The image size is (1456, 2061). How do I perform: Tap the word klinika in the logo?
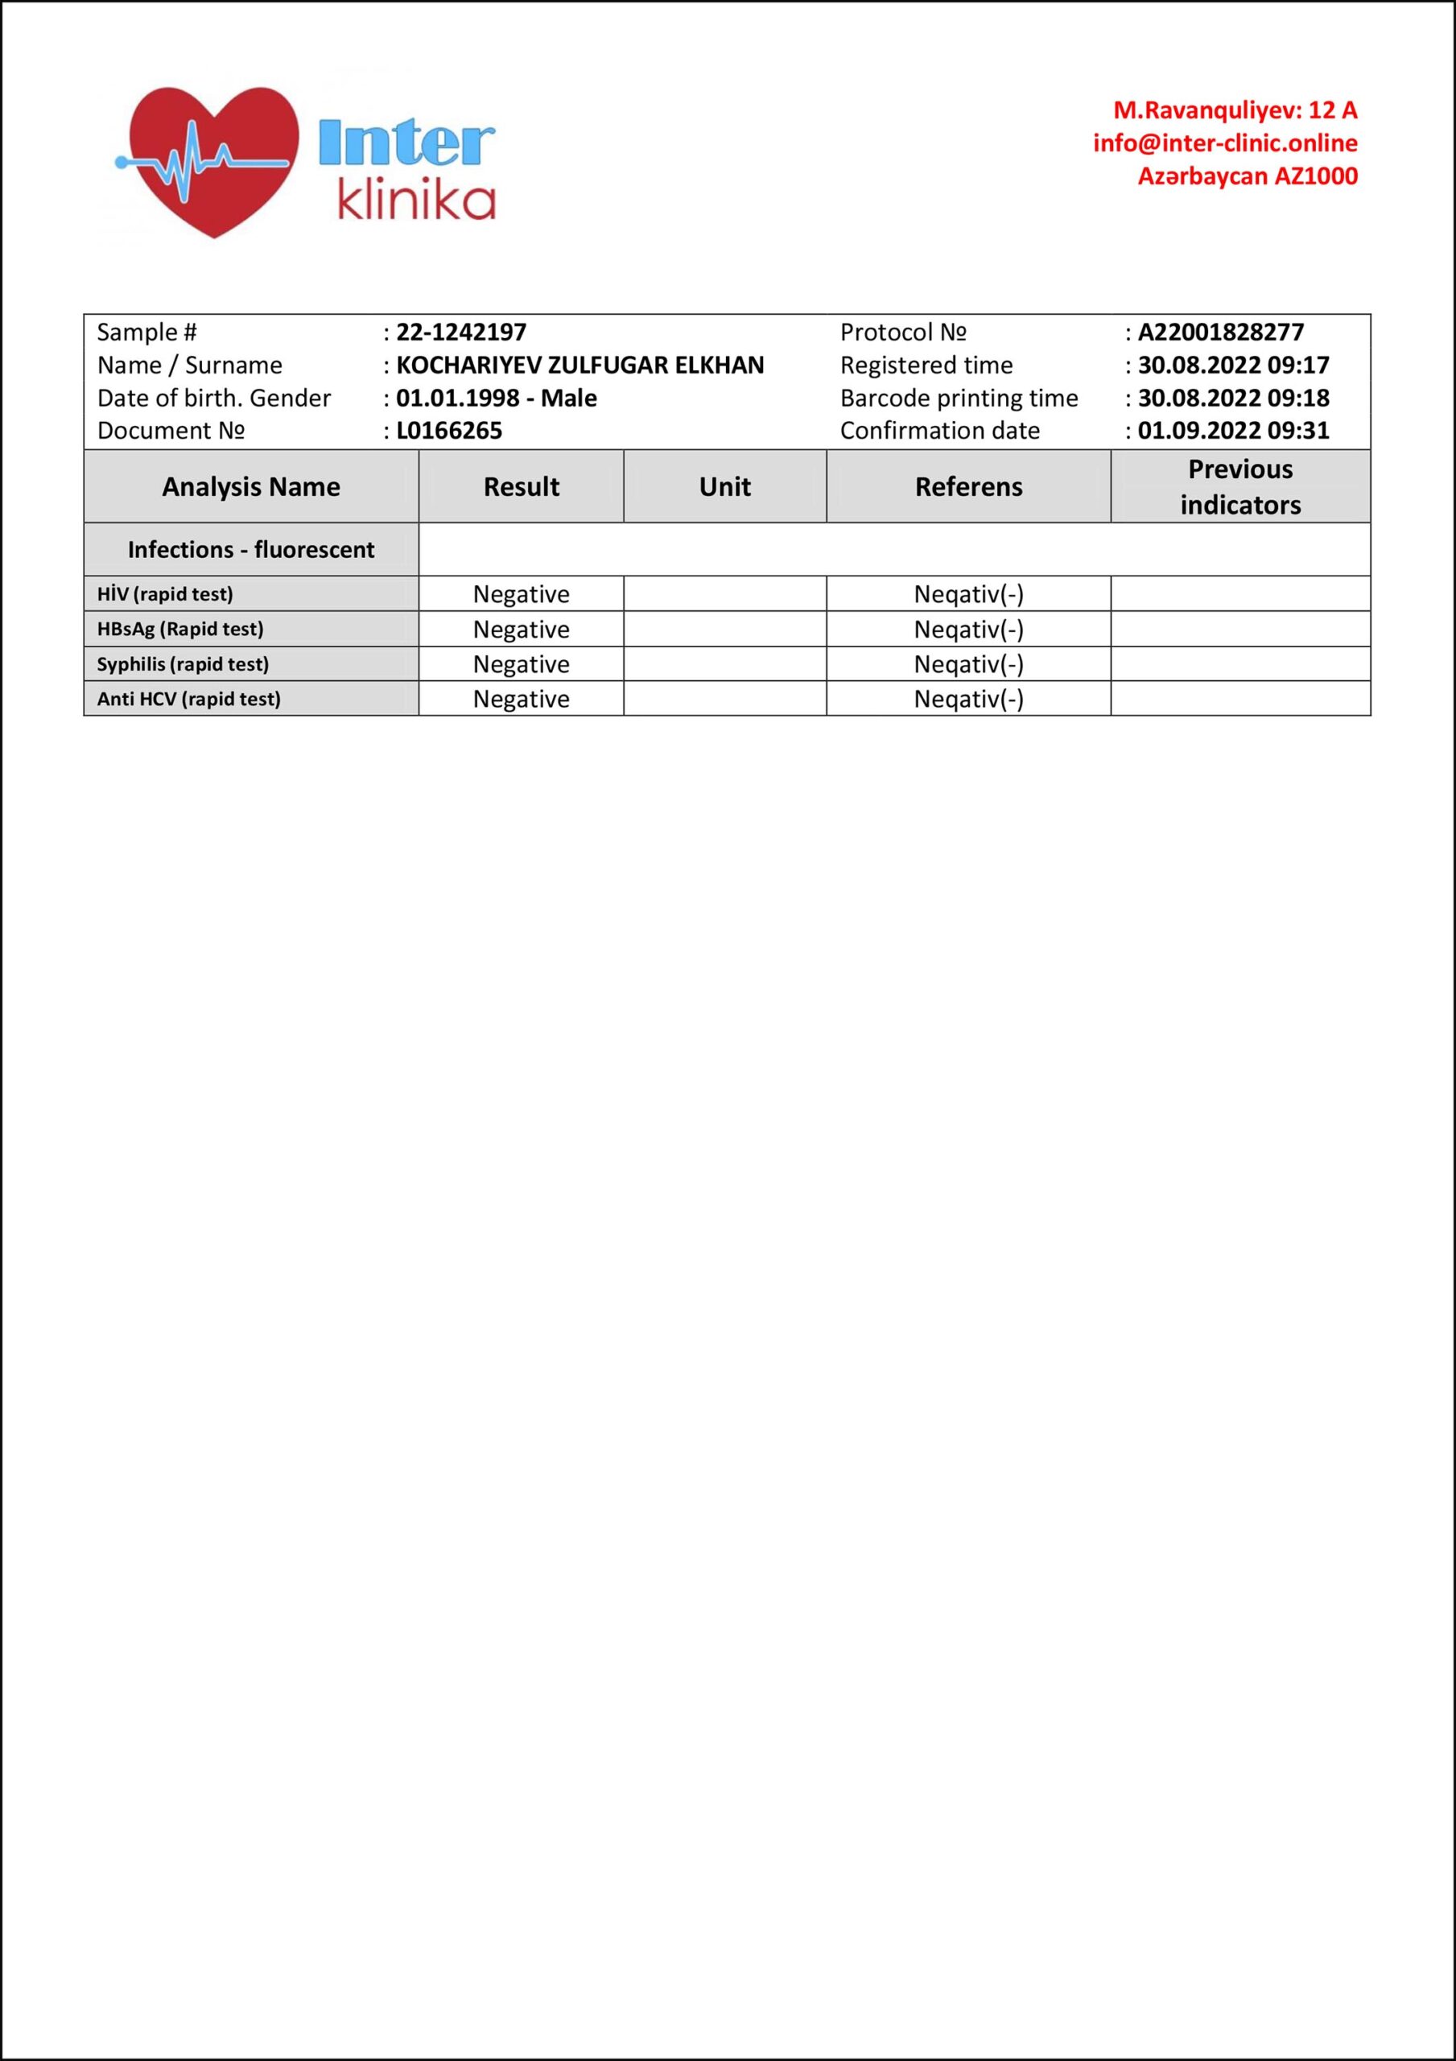pos(415,203)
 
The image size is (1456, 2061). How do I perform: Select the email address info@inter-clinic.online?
pos(1224,143)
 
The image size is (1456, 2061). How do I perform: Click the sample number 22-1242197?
pos(461,332)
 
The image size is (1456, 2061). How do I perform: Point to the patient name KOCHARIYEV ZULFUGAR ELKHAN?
pos(580,366)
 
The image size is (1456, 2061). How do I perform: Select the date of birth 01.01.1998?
pos(458,398)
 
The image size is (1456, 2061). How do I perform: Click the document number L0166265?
pos(449,431)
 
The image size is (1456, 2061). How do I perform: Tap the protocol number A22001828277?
pos(1220,332)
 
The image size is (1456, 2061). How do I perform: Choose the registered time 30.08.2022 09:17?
pos(1232,366)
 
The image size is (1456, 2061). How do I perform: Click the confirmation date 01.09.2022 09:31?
pos(1232,431)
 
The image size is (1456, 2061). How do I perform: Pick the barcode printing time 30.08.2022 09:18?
pos(1232,398)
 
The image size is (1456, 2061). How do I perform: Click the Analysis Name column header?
pos(251,486)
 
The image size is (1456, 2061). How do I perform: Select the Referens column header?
pos(968,486)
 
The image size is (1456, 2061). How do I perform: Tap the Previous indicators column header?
pos(1239,486)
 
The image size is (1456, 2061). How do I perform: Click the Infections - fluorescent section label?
pos(251,549)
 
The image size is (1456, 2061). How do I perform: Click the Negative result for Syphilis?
pos(521,664)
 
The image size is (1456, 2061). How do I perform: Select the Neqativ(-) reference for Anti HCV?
pos(968,700)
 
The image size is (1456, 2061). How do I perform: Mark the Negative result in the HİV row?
pos(521,594)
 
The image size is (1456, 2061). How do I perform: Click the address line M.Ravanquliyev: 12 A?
pos(1235,110)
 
